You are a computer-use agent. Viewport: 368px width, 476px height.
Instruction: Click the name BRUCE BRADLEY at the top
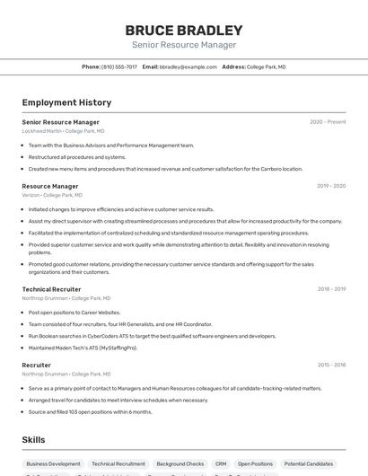[184, 30]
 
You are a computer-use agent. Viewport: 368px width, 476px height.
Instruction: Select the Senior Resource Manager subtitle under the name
[184, 45]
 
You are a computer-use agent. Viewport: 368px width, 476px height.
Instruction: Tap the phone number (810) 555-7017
[119, 66]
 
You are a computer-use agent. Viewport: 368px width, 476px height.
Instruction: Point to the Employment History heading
[66, 102]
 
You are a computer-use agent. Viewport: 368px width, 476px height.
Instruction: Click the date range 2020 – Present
[328, 122]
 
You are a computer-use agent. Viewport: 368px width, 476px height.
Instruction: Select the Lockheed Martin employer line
[63, 131]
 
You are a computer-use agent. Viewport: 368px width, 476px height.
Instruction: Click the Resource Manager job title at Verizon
[50, 186]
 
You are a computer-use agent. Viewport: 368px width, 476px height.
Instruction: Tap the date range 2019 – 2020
[331, 186]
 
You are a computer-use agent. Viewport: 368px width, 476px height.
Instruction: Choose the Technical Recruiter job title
[51, 289]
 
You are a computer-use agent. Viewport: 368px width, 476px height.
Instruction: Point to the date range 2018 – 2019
[331, 289]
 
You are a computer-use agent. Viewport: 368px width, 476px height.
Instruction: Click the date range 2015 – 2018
[331, 366]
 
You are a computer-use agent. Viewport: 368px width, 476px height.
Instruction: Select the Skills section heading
[33, 439]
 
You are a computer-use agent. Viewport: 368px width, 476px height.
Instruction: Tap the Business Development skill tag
[53, 464]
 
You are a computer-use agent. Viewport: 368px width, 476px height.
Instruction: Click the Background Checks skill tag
[180, 464]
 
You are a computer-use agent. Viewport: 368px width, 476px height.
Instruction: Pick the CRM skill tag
[221, 464]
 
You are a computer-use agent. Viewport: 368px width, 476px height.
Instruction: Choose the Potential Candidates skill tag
[308, 464]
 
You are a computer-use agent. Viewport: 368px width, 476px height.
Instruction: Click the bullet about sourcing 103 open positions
[90, 412]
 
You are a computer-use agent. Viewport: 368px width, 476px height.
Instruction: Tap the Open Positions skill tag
[256, 464]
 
